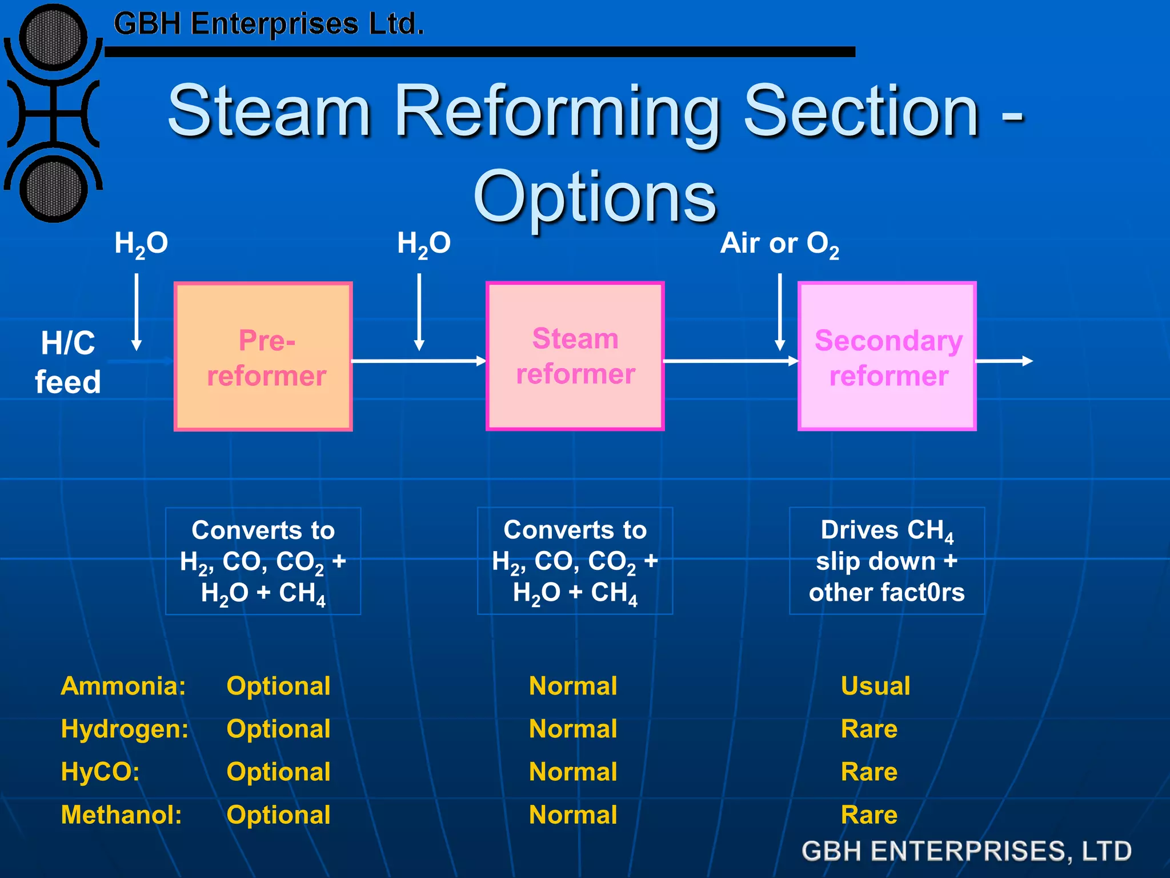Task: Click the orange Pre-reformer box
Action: click(x=263, y=357)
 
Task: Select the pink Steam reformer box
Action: click(x=575, y=356)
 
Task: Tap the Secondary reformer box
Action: click(x=887, y=357)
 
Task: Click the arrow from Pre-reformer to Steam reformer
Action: click(x=418, y=361)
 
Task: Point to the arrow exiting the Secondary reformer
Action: click(x=1004, y=361)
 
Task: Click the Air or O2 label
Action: click(x=779, y=244)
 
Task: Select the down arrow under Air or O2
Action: click(x=780, y=312)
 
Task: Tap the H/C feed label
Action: click(x=68, y=362)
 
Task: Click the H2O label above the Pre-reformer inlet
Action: click(x=141, y=244)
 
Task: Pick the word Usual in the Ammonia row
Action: click(x=875, y=686)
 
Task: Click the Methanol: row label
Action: click(x=121, y=815)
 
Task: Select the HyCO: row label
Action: click(x=100, y=772)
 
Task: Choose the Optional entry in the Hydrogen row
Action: click(x=278, y=729)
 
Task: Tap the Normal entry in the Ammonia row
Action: click(x=573, y=686)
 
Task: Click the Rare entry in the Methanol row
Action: click(x=869, y=815)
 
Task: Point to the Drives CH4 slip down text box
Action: click(x=887, y=561)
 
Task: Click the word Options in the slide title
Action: click(x=594, y=197)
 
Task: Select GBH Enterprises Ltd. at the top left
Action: click(x=269, y=24)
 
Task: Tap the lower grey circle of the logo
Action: click(x=54, y=189)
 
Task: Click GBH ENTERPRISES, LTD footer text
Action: click(x=966, y=851)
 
